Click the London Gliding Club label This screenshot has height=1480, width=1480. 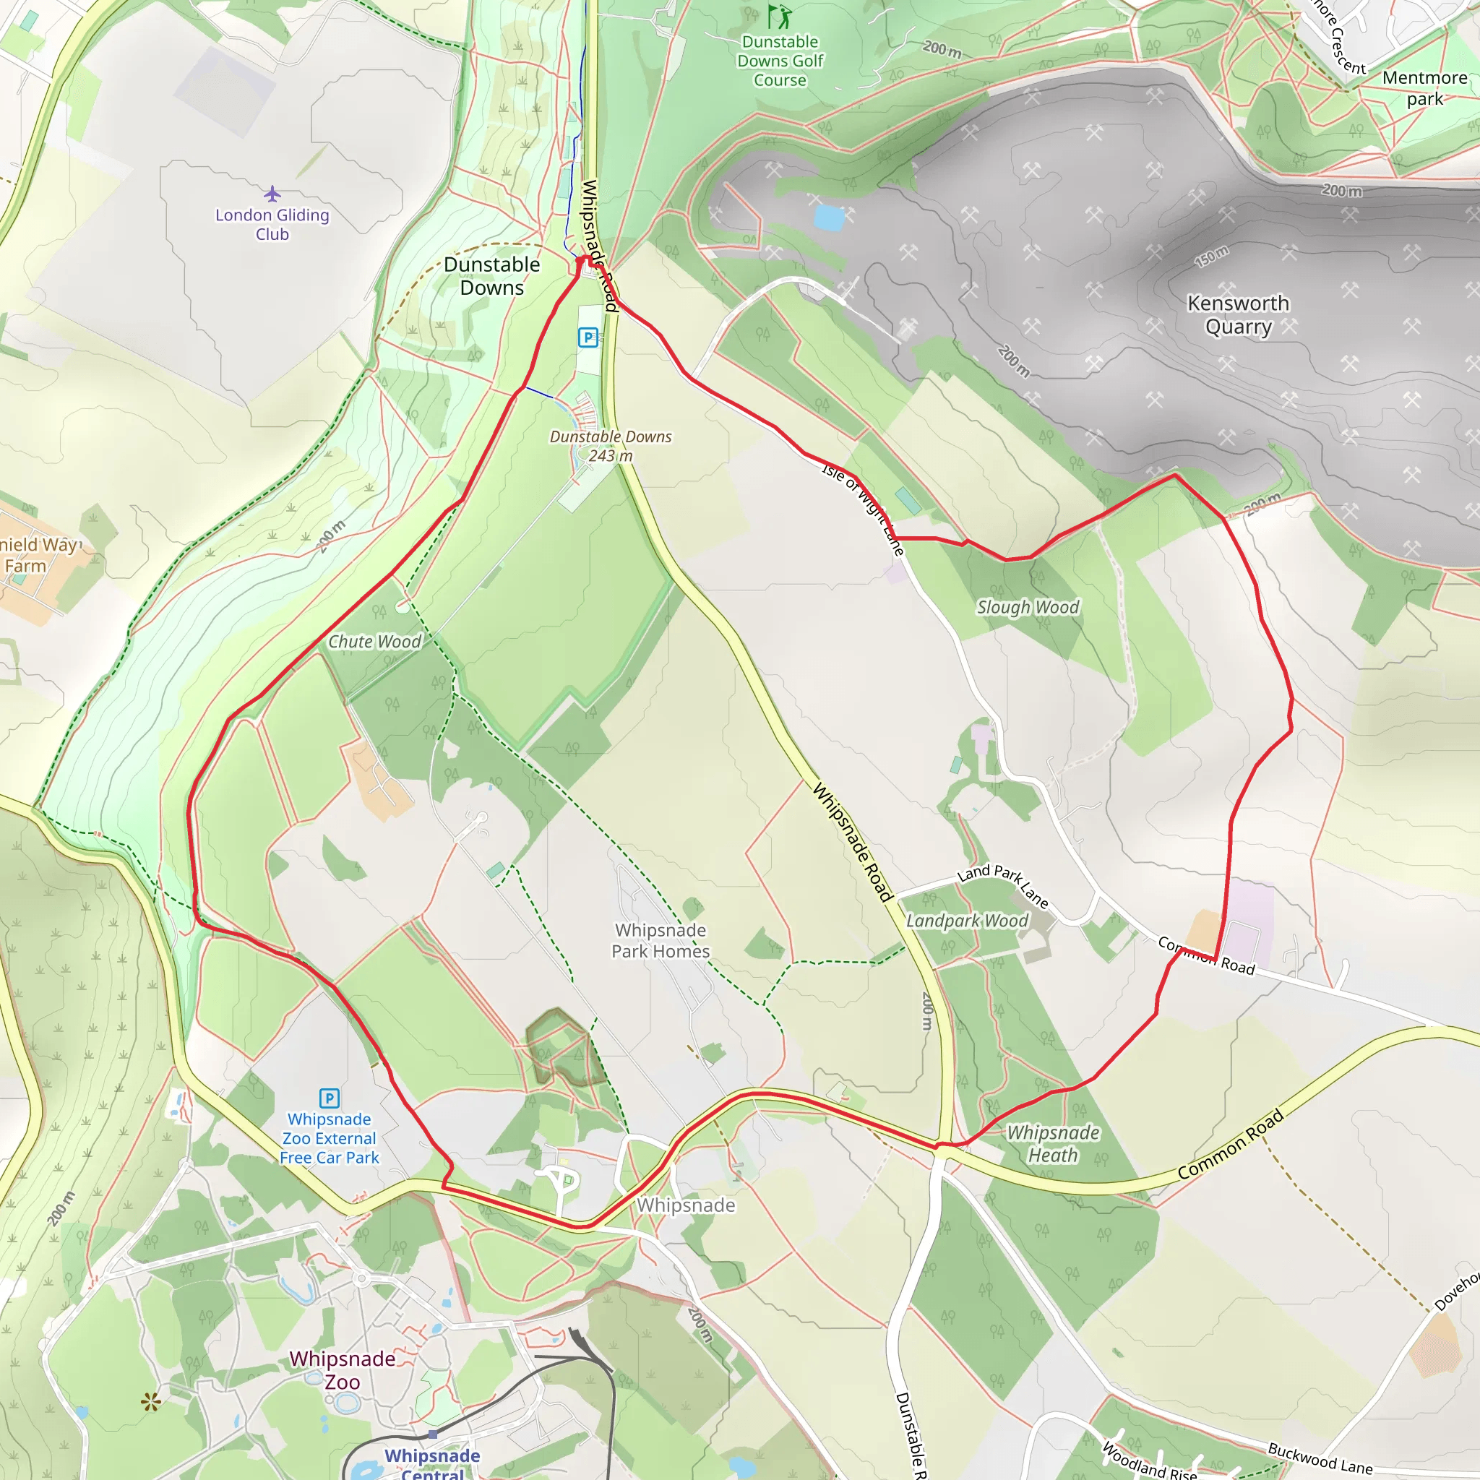pos(272,225)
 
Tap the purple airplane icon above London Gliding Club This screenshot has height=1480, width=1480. pos(272,192)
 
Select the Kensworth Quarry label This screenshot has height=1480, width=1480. pos(1238,315)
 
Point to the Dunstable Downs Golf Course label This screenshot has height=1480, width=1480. pos(780,61)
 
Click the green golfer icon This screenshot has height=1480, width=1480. pos(779,16)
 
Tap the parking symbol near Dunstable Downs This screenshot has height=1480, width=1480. pos(588,337)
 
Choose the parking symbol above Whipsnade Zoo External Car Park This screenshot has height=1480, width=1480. pos(329,1098)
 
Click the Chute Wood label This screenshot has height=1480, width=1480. pos(374,642)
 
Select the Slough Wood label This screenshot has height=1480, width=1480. pos(1028,608)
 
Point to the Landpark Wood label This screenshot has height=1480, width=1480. pos(967,921)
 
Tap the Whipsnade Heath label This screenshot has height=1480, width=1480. pos(1054,1144)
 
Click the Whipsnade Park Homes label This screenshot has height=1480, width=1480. pos(661,941)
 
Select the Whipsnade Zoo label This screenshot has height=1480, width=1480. pos(343,1370)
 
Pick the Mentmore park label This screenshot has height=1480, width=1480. pos(1424,88)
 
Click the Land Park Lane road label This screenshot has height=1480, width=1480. pos(1003,885)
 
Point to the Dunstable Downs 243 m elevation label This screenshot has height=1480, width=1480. pos(611,446)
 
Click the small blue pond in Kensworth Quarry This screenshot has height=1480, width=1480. pos(828,218)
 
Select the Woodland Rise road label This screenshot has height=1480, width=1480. pos(1149,1460)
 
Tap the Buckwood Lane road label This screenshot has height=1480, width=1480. pos(1320,1458)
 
